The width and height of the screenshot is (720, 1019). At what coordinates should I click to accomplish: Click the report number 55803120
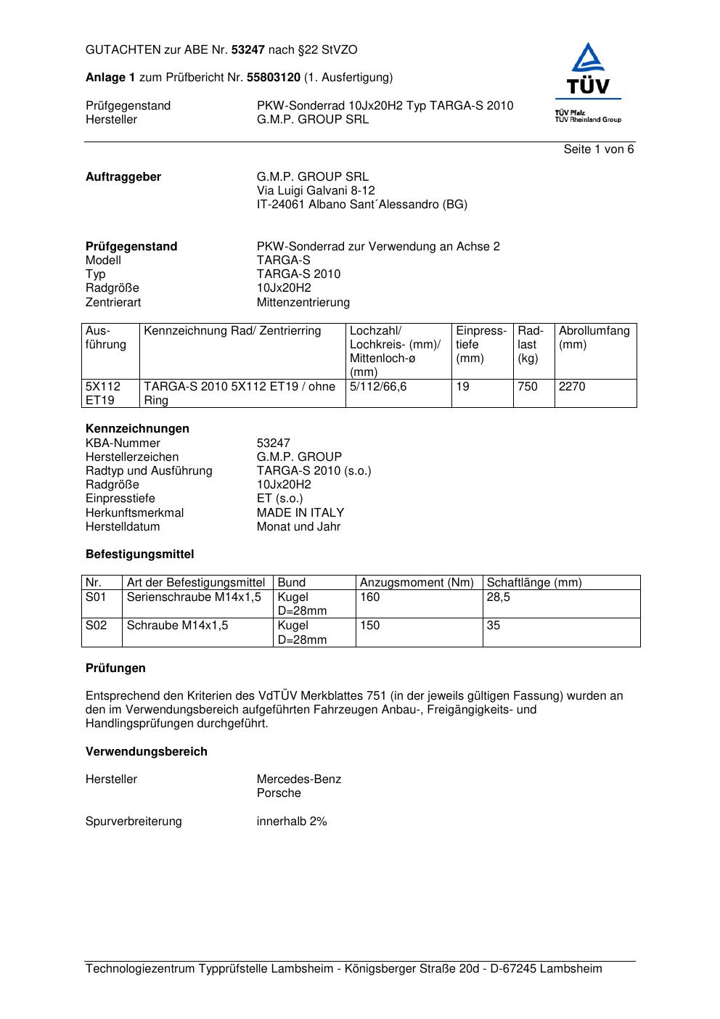pyautogui.click(x=274, y=78)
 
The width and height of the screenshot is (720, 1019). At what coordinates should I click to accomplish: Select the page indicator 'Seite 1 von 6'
pyautogui.click(x=598, y=150)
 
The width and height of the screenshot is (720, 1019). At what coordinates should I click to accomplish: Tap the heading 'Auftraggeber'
pyautogui.click(x=123, y=177)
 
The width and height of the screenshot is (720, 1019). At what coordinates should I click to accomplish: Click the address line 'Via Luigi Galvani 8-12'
pyautogui.click(x=316, y=191)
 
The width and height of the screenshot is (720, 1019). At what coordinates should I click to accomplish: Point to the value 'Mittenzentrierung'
pyautogui.click(x=303, y=303)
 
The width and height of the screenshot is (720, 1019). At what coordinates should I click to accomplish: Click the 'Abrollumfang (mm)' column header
pyautogui.click(x=594, y=337)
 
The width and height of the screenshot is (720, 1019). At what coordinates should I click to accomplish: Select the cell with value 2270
pyautogui.click(x=572, y=387)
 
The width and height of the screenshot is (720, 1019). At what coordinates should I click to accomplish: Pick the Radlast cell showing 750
pyautogui.click(x=528, y=387)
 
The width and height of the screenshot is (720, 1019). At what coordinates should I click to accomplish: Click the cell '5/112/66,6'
pyautogui.click(x=378, y=387)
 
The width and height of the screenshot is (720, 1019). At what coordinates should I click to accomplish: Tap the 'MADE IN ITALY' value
pyautogui.click(x=300, y=513)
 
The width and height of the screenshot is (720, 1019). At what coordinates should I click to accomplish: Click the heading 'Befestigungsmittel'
pyautogui.click(x=139, y=554)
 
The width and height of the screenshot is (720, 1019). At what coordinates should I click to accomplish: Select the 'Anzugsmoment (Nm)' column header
pyautogui.click(x=417, y=583)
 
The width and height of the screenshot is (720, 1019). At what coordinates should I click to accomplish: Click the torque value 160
pyautogui.click(x=370, y=597)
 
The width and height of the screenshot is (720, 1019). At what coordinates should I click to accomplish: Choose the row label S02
pyautogui.click(x=96, y=626)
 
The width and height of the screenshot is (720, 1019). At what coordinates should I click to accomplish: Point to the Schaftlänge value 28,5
pyautogui.click(x=498, y=597)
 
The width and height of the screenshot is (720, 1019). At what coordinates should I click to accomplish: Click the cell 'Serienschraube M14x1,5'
pyautogui.click(x=194, y=597)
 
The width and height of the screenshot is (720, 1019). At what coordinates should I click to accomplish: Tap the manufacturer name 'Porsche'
pyautogui.click(x=279, y=793)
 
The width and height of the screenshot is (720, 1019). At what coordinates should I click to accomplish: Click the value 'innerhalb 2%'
pyautogui.click(x=292, y=822)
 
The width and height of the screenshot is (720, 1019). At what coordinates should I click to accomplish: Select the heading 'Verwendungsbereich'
pyautogui.click(x=146, y=752)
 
